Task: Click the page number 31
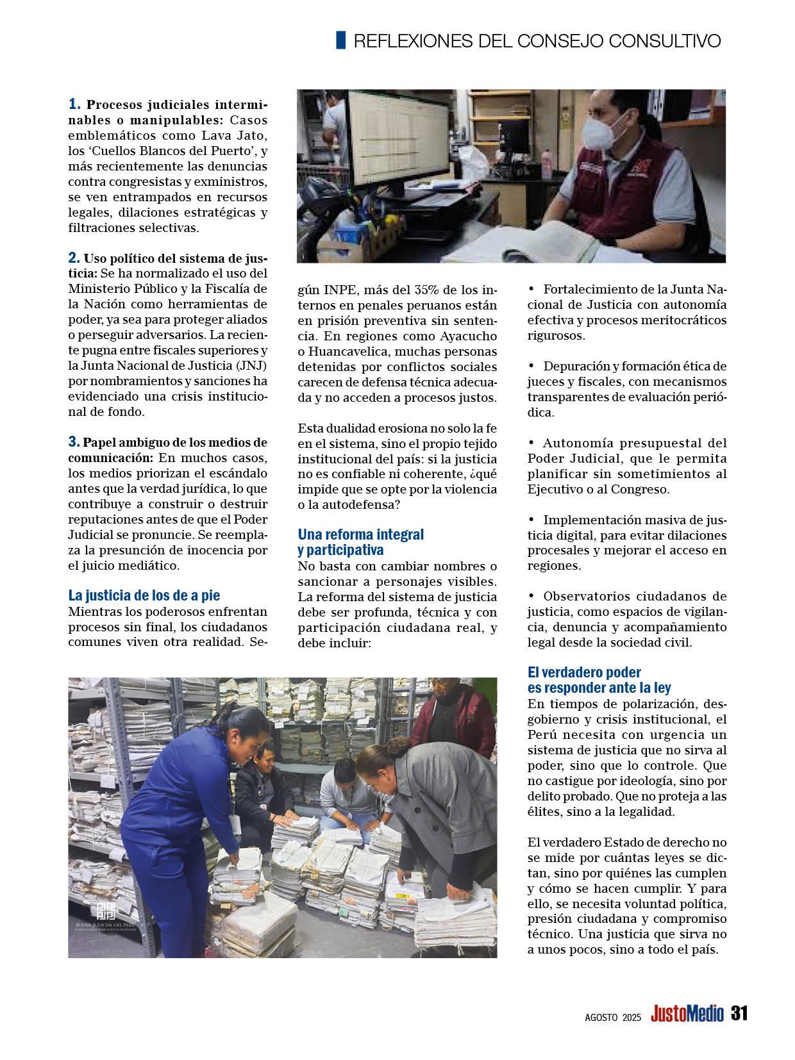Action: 740,1013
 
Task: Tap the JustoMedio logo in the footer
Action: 687,1014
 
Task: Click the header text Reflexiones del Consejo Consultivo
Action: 537,41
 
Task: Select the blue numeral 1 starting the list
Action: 74,104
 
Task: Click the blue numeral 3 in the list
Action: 74,442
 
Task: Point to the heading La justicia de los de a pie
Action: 144,595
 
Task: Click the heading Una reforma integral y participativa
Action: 360,542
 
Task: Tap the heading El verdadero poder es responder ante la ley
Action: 599,680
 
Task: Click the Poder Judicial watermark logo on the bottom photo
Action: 105,913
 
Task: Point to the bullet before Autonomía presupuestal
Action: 531,442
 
